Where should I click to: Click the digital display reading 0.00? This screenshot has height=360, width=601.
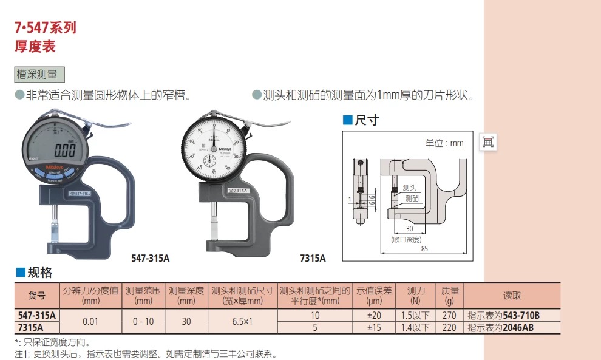coord(65,149)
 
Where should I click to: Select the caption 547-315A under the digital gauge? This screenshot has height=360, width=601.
coord(150,258)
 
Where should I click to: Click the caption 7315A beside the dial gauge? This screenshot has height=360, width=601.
coord(313,258)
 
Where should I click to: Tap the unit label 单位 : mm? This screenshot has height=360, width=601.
coord(444,143)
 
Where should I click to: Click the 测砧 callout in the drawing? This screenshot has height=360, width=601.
coord(412,198)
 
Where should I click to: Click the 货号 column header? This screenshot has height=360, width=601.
coord(37,296)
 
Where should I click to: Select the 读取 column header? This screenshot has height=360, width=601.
coord(512,296)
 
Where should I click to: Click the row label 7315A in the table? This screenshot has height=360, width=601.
coord(37,327)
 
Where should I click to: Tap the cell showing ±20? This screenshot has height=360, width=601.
coord(375,316)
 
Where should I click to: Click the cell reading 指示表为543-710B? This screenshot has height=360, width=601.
coord(504,316)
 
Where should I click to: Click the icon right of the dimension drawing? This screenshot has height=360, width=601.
coord(488,142)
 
